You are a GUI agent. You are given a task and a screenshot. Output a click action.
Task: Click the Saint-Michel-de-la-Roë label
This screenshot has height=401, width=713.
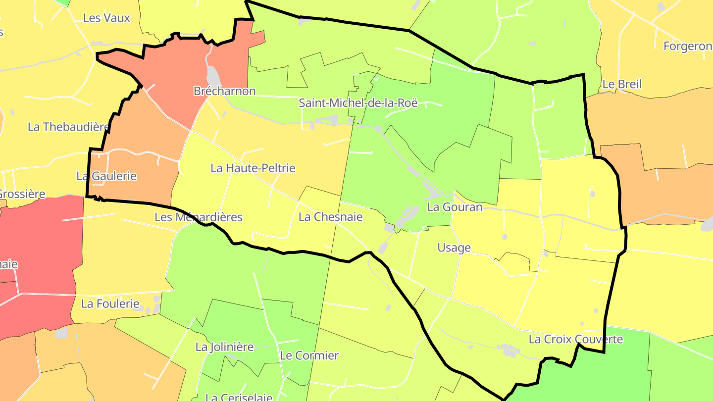(x=358, y=103)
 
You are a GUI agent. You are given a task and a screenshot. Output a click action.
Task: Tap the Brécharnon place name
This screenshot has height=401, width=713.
(x=224, y=91)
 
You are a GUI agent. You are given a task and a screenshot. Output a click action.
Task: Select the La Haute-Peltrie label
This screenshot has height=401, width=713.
(x=253, y=168)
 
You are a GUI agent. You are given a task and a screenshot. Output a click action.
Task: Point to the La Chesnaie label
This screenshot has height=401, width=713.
(x=330, y=217)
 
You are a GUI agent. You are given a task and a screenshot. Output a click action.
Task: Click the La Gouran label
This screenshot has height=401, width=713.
(x=454, y=207)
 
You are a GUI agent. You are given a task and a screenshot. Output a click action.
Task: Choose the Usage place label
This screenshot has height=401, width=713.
(x=454, y=248)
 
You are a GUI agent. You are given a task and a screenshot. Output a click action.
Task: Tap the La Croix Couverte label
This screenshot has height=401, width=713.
(x=575, y=339)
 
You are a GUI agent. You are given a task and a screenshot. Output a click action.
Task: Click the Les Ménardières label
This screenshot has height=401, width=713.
(x=198, y=217)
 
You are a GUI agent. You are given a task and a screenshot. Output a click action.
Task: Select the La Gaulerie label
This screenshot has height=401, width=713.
(x=106, y=176)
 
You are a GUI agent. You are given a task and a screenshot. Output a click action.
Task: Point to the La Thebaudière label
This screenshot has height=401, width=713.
(x=68, y=127)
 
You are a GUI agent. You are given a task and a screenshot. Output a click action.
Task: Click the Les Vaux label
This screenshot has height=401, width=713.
(x=106, y=18)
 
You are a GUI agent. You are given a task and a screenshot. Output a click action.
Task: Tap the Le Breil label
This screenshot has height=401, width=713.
(x=621, y=84)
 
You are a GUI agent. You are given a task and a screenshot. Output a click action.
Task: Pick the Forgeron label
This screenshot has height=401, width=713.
(x=687, y=46)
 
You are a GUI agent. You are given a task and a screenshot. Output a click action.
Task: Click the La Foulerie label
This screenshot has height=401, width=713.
(x=110, y=303)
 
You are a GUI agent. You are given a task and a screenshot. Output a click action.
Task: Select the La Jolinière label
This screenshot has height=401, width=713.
(x=224, y=347)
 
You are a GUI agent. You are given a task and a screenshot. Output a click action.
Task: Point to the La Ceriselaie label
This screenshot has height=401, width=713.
(x=238, y=397)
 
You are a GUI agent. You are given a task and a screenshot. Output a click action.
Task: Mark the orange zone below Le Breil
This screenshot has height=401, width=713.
(x=663, y=183)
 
